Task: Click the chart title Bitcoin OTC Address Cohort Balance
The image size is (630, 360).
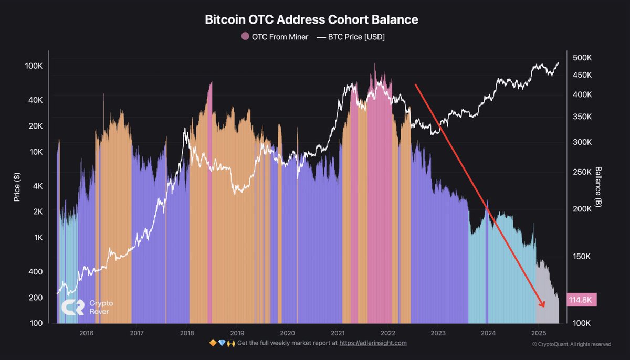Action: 311,19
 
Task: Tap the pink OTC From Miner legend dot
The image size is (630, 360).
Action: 245,36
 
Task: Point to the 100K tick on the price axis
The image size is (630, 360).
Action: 34,66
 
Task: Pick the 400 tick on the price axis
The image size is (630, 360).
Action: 35,271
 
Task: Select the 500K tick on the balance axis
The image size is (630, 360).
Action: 582,57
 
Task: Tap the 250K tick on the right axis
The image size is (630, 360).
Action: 582,172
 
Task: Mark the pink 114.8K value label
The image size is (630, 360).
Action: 581,300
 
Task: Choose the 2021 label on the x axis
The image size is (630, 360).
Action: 338,333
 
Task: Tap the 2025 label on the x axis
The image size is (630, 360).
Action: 538,333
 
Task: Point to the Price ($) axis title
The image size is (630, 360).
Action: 17,187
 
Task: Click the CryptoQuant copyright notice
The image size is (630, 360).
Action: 571,344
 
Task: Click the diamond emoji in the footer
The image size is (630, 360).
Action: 222,343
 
